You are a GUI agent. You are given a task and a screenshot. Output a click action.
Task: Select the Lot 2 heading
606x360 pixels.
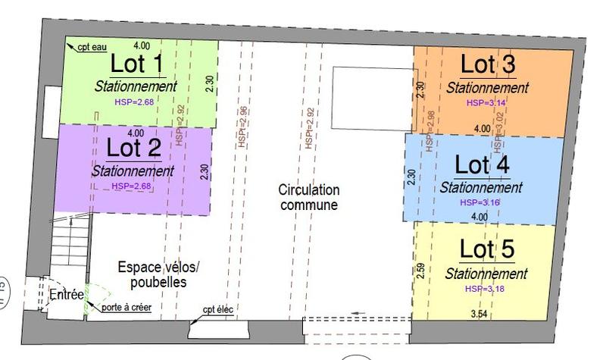click(134, 148)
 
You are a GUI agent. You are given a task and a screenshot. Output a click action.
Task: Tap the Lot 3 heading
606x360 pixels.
click(488, 65)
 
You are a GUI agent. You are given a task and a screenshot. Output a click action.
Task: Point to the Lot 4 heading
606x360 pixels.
click(481, 164)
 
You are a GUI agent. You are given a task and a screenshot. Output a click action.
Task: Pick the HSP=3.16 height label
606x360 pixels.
click(479, 202)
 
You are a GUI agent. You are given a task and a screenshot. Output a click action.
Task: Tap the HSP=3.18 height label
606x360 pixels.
click(485, 289)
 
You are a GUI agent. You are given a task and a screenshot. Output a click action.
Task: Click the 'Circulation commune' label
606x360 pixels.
click(308, 197)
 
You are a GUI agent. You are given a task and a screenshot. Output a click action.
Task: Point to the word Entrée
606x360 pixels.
click(66, 295)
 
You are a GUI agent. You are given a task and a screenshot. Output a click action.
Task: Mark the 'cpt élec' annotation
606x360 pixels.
click(218, 308)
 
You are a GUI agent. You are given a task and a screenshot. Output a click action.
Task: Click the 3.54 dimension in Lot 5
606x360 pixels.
click(479, 314)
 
